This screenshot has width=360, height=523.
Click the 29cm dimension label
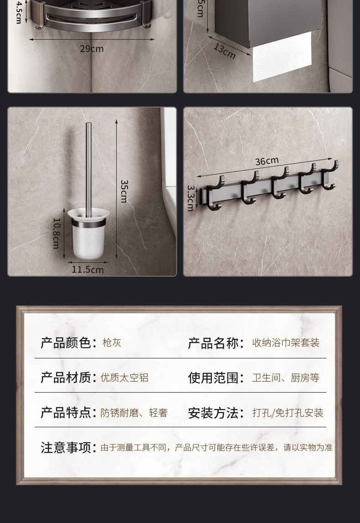pyautogui.click(x=92, y=49)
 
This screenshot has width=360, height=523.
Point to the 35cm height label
pyautogui.click(x=124, y=192)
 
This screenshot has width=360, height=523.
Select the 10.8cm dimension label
pyautogui.click(x=57, y=233)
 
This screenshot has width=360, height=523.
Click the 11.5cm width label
pyautogui.click(x=87, y=269)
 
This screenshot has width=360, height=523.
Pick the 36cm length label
pyautogui.click(x=267, y=161)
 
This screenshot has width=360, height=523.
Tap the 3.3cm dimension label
pyautogui.click(x=191, y=198)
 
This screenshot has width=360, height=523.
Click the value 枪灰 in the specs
pyautogui.click(x=112, y=342)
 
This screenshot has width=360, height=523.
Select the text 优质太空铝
pyautogui.click(x=124, y=378)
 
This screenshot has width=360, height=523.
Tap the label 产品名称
pyautogui.click(x=212, y=343)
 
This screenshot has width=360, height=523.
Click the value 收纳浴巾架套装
pyautogui.click(x=286, y=343)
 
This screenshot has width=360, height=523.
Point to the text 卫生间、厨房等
pyautogui.click(x=286, y=378)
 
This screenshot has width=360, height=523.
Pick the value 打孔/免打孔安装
pyautogui.click(x=288, y=413)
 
